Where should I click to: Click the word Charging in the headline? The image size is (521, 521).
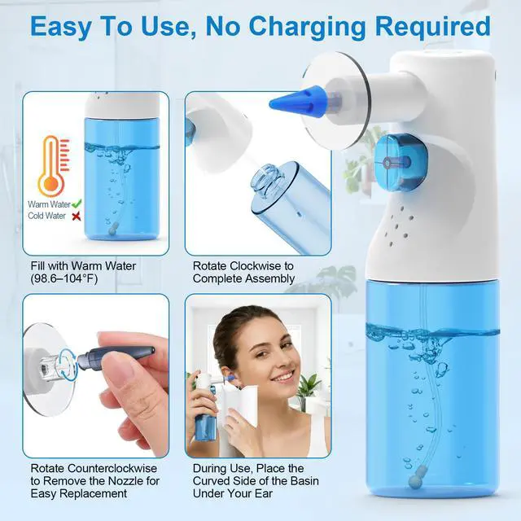click(307, 27)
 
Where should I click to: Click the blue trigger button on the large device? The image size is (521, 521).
click(397, 162)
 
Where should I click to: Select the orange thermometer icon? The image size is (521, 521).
click(54, 166)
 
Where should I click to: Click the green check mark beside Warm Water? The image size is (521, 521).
click(77, 203)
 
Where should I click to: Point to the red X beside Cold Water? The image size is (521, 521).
click(77, 217)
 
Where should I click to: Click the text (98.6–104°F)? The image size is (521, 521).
click(64, 278)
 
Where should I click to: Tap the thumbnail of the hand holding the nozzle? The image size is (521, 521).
click(96, 375)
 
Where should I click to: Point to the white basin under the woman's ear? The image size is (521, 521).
click(240, 407)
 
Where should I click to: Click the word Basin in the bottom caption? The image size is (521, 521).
click(304, 481)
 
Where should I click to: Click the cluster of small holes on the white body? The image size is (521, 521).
click(398, 225)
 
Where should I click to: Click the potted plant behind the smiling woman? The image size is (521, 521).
click(309, 392)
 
